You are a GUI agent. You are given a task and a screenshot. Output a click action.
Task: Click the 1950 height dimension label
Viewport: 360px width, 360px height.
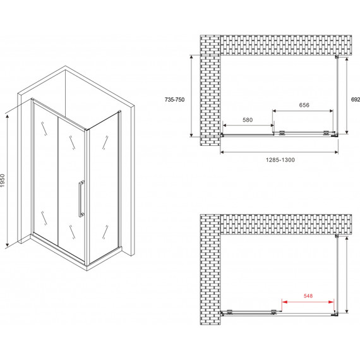(3, 181)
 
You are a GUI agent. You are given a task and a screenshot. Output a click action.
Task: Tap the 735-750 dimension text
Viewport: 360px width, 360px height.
(174, 100)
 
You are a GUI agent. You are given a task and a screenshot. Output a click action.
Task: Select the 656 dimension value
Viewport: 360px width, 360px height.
(304, 105)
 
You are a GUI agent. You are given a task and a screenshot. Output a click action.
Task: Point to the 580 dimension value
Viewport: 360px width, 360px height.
(248, 120)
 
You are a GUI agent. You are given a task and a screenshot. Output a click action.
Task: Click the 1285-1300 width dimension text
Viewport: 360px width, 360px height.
(280, 160)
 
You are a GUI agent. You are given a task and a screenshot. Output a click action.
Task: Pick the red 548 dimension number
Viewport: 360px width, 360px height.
(308, 296)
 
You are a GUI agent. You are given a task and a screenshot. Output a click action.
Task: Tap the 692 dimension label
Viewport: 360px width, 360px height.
(356, 99)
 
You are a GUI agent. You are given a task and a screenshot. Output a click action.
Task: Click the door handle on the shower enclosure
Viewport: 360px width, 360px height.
(81, 199)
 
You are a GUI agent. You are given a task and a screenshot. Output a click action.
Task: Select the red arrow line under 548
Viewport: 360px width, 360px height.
(308, 302)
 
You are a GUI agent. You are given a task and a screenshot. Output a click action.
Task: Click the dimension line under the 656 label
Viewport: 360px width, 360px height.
(303, 111)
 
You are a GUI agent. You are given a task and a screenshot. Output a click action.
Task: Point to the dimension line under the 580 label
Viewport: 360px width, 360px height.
(248, 125)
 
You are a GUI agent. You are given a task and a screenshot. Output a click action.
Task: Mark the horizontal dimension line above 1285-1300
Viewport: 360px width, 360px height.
(279, 152)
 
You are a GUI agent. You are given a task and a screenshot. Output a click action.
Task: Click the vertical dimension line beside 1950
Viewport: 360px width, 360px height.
(8, 181)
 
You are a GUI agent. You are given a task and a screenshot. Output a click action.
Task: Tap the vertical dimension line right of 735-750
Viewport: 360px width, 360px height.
(191, 96)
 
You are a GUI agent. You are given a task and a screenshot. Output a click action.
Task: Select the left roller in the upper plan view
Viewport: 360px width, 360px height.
(282, 133)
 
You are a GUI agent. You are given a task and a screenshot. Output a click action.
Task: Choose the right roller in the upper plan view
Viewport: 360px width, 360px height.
(326, 133)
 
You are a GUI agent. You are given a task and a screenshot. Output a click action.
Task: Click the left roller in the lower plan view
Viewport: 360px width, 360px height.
(230, 311)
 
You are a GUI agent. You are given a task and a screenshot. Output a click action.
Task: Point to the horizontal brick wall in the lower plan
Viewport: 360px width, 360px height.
(286, 224)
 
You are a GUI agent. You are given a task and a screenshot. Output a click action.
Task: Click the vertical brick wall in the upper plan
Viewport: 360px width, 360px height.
(210, 90)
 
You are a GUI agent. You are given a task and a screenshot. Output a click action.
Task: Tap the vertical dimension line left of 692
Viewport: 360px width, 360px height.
(347, 95)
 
